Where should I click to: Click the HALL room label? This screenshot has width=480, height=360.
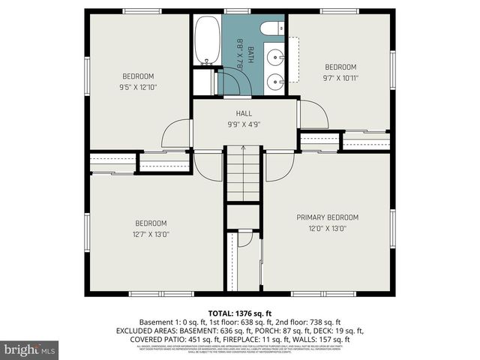[x=244, y=113]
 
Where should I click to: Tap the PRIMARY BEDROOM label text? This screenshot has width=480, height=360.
[x=327, y=217]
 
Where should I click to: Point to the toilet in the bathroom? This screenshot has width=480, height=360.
[x=268, y=29]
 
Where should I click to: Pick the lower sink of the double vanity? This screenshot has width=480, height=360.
[x=276, y=78]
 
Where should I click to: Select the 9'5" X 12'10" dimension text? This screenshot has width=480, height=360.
[x=138, y=86]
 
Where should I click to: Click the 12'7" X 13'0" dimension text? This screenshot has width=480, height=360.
[x=151, y=233]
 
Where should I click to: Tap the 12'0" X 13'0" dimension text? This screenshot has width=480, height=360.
[x=327, y=229]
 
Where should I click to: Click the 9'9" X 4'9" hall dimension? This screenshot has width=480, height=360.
[x=244, y=124]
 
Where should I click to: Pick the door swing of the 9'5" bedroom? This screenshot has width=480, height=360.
[x=177, y=134]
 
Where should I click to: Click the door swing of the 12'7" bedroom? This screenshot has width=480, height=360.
[x=208, y=166]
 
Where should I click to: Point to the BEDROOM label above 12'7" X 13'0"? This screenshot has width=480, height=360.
[x=151, y=223]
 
